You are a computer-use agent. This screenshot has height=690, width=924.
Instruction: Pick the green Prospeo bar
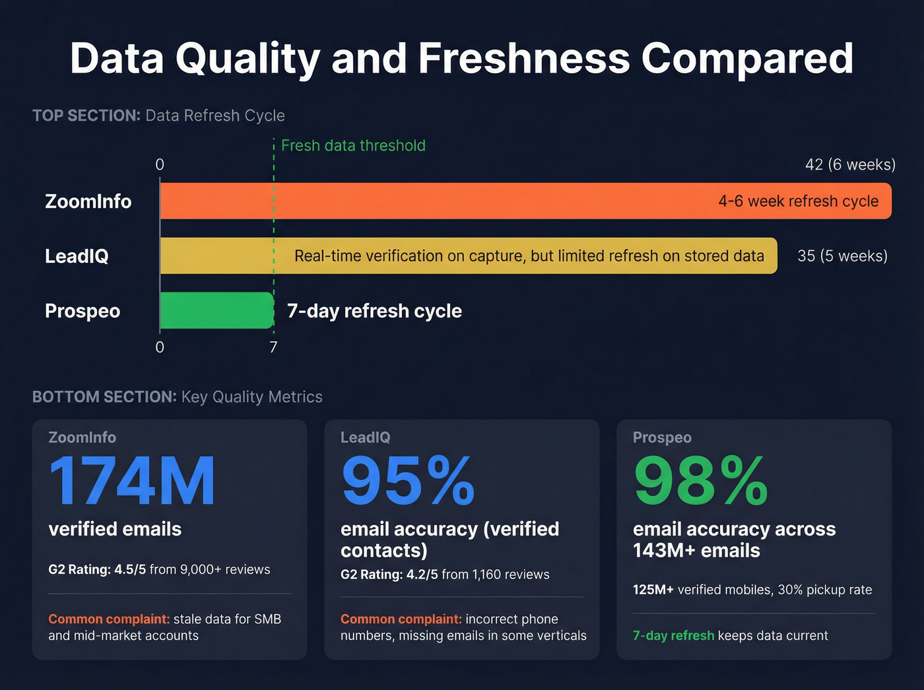coord(216,310)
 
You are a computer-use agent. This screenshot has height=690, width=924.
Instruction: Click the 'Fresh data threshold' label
coord(353,145)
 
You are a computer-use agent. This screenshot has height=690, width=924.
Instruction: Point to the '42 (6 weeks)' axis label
coord(850,164)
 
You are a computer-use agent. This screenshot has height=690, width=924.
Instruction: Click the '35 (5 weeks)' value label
coord(842,256)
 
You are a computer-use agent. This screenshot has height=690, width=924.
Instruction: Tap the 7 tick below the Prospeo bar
coord(273,347)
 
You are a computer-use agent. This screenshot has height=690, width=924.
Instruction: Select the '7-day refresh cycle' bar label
coord(374,311)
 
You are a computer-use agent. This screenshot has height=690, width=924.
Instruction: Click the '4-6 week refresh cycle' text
coord(798,201)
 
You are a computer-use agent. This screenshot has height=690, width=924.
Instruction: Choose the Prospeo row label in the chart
coord(82,311)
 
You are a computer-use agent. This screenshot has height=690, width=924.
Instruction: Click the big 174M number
coord(132,481)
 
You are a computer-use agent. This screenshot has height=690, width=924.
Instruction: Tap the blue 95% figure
coord(408,481)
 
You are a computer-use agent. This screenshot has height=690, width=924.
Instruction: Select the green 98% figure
coord(700,481)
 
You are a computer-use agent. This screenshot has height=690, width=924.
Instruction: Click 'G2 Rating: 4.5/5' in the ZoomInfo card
coord(97,569)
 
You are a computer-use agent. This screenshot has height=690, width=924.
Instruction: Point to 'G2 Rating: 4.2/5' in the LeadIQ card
coord(389,574)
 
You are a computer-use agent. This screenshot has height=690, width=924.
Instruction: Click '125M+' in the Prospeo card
coord(653,590)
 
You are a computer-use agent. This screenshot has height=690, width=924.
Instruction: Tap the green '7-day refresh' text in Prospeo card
coord(673,635)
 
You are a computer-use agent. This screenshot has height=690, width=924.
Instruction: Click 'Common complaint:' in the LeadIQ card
coord(401,619)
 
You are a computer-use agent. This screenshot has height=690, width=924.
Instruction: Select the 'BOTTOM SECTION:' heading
coord(104,397)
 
